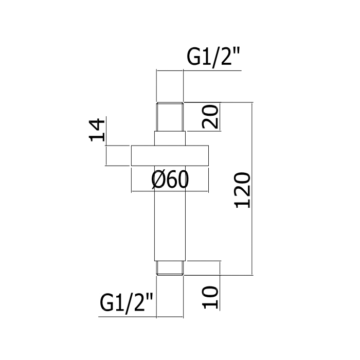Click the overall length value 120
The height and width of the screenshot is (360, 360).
click(x=242, y=189)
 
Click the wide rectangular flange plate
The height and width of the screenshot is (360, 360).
click(x=170, y=156)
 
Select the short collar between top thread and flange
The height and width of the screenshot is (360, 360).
click(x=170, y=139)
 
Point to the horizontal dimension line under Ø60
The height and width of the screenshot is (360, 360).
click(x=170, y=192)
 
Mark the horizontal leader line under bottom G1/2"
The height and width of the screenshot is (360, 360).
click(x=129, y=315)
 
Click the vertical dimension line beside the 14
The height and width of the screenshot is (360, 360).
click(x=106, y=155)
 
